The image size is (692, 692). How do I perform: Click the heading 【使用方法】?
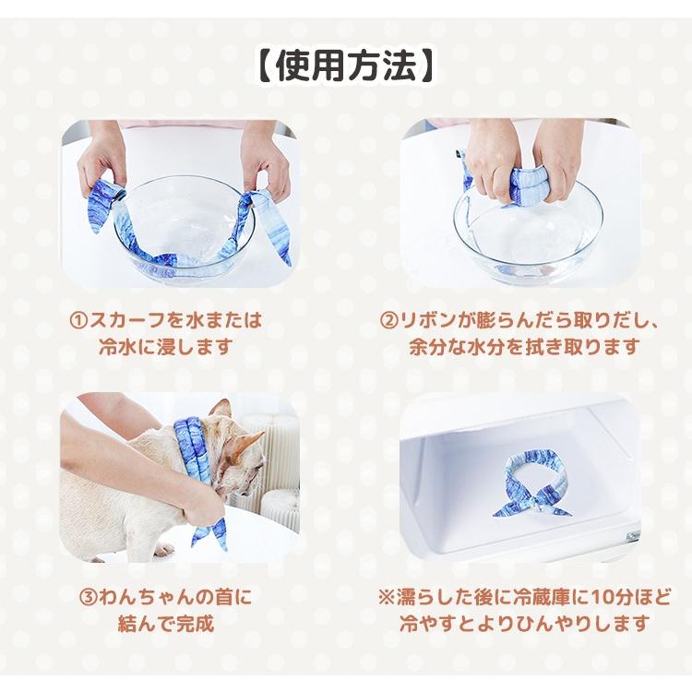346,66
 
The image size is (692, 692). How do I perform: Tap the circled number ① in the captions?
79,321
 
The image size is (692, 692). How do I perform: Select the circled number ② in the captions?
390,321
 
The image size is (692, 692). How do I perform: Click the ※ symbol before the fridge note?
388,598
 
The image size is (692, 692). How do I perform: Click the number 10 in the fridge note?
586,598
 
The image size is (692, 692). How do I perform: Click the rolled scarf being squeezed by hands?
526,185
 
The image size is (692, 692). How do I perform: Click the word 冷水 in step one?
117,347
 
